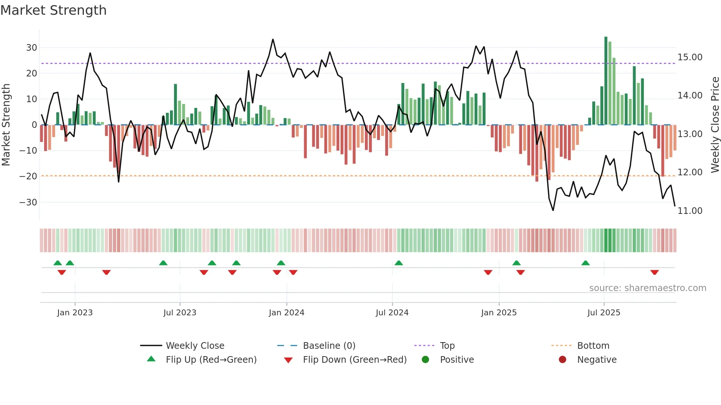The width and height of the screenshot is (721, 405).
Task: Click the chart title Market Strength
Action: [53, 10]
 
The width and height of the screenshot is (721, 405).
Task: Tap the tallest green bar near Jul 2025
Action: [606, 81]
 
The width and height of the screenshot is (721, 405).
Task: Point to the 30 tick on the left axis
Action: [32, 47]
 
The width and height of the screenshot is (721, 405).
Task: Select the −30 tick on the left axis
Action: [28, 202]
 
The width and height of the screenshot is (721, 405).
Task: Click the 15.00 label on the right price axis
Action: [690, 57]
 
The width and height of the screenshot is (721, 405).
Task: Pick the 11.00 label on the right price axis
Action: [690, 211]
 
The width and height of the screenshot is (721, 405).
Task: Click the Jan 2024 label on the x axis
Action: [287, 313]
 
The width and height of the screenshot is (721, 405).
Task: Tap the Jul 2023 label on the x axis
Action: [180, 313]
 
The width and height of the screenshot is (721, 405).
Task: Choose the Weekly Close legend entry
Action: [195, 345]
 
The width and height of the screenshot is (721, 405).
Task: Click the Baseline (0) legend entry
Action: [329, 345]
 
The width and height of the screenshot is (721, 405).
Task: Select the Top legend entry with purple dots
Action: [447, 345]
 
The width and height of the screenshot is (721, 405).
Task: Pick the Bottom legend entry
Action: [593, 345]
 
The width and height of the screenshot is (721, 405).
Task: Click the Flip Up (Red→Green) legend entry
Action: [211, 359]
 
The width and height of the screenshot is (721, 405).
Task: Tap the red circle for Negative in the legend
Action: [562, 359]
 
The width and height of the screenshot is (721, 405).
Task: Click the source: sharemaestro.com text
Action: [647, 288]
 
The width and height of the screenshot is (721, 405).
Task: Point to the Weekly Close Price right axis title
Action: [715, 125]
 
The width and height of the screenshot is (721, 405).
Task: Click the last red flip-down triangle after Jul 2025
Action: [654, 272]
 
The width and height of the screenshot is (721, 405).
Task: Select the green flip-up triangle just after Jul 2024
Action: [399, 263]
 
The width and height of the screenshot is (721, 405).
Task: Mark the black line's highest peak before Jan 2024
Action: [273, 39]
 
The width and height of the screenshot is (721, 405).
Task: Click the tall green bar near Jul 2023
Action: [175, 104]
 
